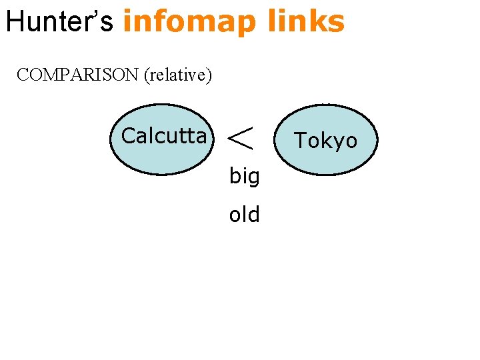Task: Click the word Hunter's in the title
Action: click(x=60, y=21)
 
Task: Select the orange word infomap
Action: click(x=189, y=21)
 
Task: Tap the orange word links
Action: click(x=306, y=21)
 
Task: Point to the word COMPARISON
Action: click(x=77, y=75)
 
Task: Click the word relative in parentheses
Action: click(x=177, y=75)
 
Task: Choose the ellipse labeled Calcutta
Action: click(x=161, y=139)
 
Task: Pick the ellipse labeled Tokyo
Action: click(x=326, y=140)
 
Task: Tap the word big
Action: click(x=244, y=177)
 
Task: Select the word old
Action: click(x=244, y=215)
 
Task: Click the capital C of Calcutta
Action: click(x=129, y=136)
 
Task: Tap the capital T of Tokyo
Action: click(x=301, y=141)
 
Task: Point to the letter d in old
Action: click(x=253, y=215)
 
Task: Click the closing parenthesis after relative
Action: click(x=209, y=75)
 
